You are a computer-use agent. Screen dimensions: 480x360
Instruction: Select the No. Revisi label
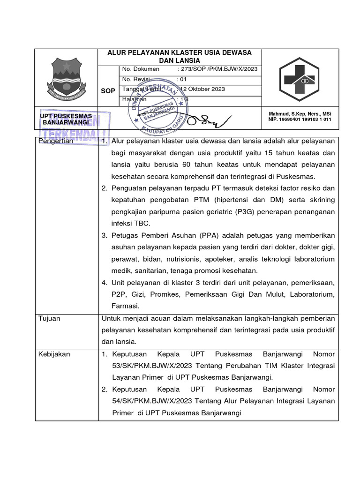pyautogui.click(x=135, y=79)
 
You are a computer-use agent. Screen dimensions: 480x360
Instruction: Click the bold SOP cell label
pyautogui.click(x=108, y=91)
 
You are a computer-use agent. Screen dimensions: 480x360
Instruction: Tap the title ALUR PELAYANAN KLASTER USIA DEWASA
pyautogui.click(x=180, y=52)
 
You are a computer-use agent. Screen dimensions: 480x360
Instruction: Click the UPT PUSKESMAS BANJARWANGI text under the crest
pyautogui.click(x=66, y=119)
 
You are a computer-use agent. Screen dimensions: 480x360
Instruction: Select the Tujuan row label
pyautogui.click(x=49, y=318)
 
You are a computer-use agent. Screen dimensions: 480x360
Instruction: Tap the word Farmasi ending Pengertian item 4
pyautogui.click(x=125, y=306)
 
